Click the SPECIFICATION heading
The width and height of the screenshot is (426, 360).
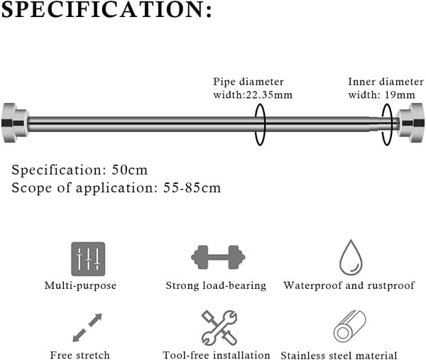pyautogui.click(x=106, y=10)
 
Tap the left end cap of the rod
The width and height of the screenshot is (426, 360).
pyautogui.click(x=15, y=123)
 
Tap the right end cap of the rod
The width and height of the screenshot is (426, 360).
pyautogui.click(x=410, y=123)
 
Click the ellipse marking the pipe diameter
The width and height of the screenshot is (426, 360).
pyautogui.click(x=255, y=124)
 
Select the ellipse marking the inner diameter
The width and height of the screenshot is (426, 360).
pyautogui.click(x=382, y=124)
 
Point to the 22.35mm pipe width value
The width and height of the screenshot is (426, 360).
pyautogui.click(x=269, y=95)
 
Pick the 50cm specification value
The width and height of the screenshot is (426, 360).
pyautogui.click(x=130, y=170)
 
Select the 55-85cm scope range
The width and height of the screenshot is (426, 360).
pyautogui.click(x=192, y=187)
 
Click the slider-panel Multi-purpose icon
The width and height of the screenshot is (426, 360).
pyautogui.click(x=88, y=259)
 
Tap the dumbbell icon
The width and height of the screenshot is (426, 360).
pyautogui.click(x=218, y=257)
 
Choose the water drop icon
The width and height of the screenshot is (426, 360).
pyautogui.click(x=351, y=258)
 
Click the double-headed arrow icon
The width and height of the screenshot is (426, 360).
pyautogui.click(x=87, y=327)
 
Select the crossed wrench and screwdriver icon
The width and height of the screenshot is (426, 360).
pyautogui.click(x=219, y=327)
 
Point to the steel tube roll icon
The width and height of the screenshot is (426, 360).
pyautogui.click(x=350, y=327)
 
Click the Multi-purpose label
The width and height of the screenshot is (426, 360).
pyautogui.click(x=80, y=285)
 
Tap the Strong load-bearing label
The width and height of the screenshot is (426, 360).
pyautogui.click(x=216, y=285)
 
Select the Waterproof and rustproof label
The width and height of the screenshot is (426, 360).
pyautogui.click(x=349, y=285)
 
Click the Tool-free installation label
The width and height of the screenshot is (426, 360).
pyautogui.click(x=217, y=355)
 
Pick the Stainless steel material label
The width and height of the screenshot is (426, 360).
pyautogui.click(x=339, y=355)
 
